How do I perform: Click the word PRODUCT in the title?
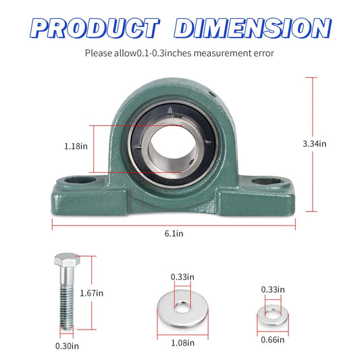point(94,28)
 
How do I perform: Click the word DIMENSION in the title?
point(253,28)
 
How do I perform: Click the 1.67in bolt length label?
point(110,292)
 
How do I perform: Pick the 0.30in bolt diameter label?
point(68,346)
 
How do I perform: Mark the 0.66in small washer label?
point(272,340)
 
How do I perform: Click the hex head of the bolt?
point(66,262)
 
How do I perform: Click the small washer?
point(272,313)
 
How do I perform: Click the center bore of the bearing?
point(173,145)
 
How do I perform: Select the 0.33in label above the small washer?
point(273,289)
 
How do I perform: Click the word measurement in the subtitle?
point(216,52)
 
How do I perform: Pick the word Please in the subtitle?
point(99,52)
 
